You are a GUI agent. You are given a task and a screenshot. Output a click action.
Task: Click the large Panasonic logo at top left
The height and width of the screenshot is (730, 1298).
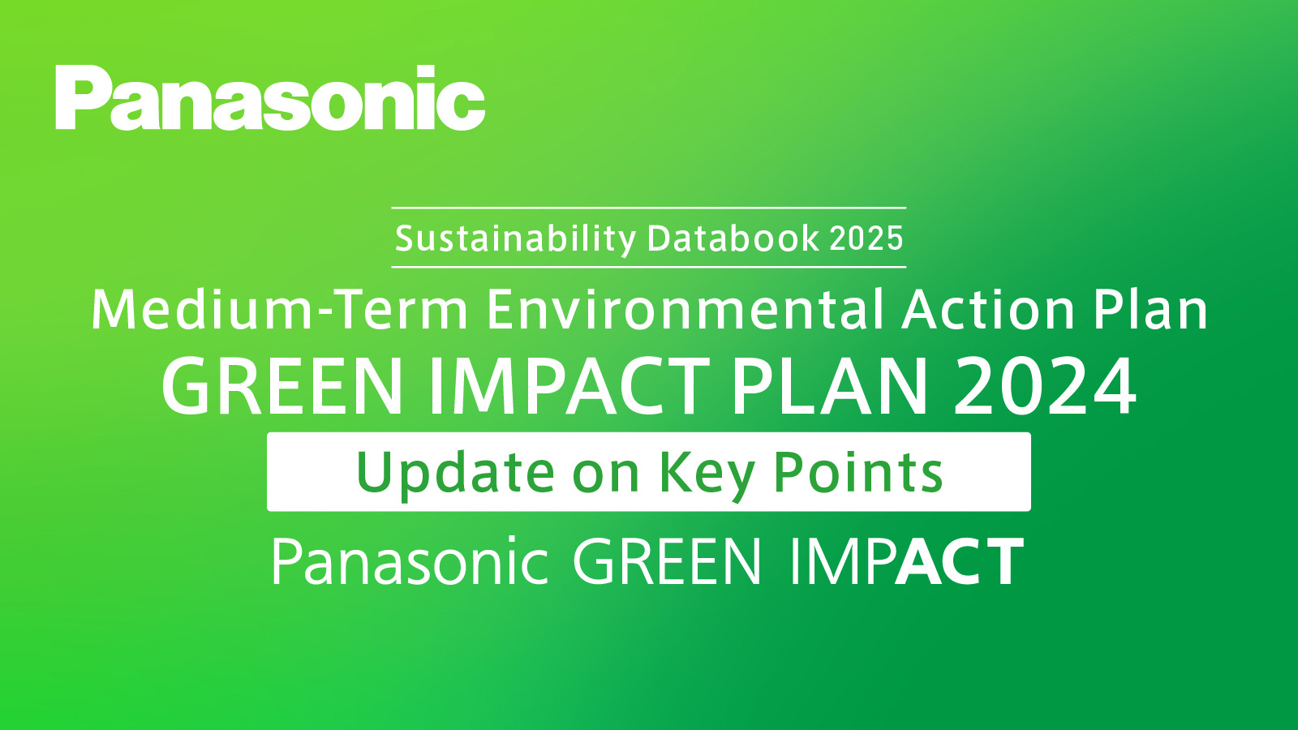270,98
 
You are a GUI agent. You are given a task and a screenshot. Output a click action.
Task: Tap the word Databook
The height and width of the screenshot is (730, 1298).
733,238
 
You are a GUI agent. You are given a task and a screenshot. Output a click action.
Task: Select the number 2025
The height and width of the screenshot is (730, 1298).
866,238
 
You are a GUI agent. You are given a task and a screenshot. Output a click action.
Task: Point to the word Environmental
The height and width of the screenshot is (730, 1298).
685,311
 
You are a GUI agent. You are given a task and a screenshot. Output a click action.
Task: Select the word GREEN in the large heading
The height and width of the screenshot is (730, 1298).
283,387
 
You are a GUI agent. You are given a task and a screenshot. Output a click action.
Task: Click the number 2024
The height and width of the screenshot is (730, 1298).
1045,387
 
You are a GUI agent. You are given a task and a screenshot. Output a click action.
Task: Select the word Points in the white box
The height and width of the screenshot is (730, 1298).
857,472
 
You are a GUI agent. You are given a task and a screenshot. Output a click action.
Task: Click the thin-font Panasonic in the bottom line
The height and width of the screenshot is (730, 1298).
410,562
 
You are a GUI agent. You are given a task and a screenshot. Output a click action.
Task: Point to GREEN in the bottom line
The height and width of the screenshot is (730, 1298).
667,562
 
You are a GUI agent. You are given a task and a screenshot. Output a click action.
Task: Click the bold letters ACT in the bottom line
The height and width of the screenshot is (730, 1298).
961,562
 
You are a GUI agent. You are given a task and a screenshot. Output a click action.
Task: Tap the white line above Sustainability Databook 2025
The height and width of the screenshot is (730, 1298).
648,208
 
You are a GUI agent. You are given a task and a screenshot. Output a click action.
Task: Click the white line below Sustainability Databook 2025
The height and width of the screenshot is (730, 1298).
648,266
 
